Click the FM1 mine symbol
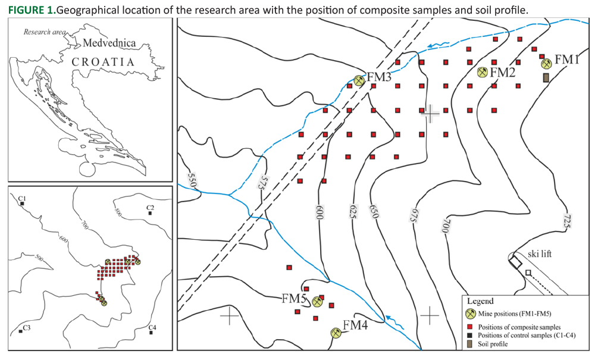tap(546, 62)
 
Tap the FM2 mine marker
tap(483, 72)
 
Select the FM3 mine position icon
tap(359, 80)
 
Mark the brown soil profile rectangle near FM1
tap(546, 77)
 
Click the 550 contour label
tap(191, 178)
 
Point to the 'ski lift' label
tap(540, 254)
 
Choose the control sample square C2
tap(149, 214)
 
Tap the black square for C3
tap(21, 331)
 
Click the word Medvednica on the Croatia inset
tap(109, 43)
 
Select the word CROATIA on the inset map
tap(102, 61)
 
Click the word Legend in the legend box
tap(480, 301)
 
